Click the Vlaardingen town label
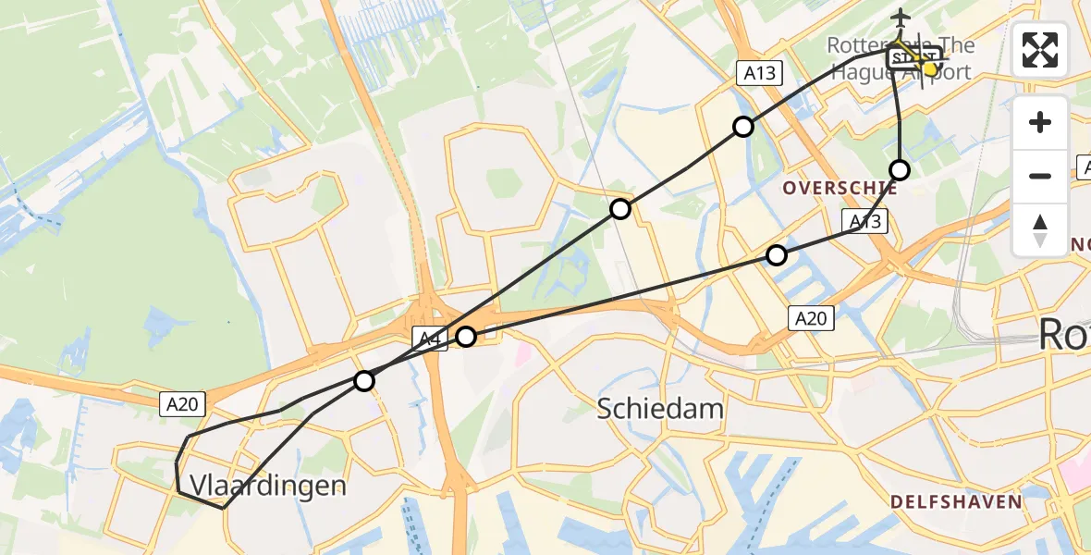268,486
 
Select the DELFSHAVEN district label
956,502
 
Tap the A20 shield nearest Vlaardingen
182,403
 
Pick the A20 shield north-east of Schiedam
811,319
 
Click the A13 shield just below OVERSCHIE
864,221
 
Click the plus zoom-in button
1040,123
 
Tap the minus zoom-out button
1040,176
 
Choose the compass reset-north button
1040,229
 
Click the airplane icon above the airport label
900,17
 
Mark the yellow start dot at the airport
930,68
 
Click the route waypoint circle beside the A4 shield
466,337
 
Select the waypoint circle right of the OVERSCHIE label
900,169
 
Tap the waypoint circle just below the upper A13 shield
743,127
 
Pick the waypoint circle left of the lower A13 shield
777,254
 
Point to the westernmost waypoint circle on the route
364,380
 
